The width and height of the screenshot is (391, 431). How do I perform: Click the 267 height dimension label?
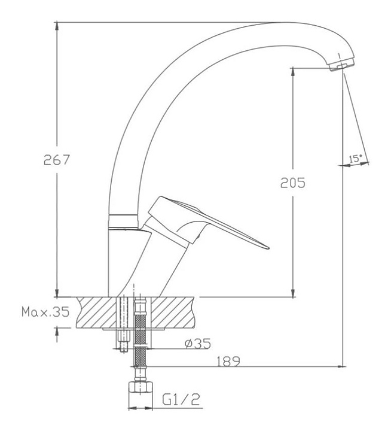[x=57, y=160]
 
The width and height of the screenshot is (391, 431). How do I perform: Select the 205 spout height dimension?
[x=293, y=183]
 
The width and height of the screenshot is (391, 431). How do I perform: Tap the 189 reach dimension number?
[x=228, y=362]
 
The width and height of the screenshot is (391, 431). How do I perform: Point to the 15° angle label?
[x=355, y=159]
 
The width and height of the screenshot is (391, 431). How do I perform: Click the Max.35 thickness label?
[x=45, y=312]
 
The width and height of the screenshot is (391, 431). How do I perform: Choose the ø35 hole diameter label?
[x=198, y=344]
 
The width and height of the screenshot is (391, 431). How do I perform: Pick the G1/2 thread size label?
[x=181, y=399]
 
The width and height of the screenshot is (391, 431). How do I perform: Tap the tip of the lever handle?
[x=268, y=248]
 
